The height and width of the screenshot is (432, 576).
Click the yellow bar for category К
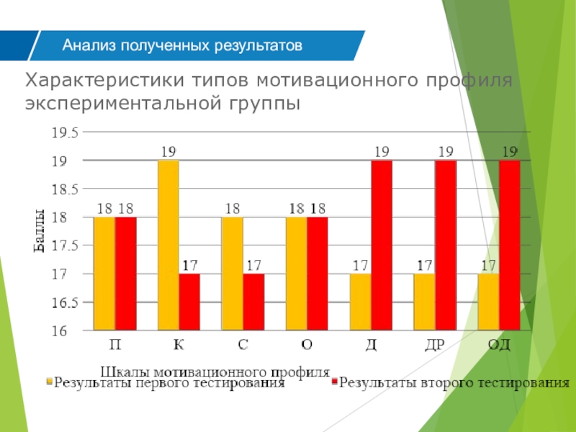click(168, 246)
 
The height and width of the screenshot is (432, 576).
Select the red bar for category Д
click(382, 246)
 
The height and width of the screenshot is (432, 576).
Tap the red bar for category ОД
click(510, 246)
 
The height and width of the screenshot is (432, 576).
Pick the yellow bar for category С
click(232, 274)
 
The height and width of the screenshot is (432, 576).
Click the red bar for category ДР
click(446, 246)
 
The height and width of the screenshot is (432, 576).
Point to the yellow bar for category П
click(104, 274)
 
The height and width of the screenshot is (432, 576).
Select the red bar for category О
click(318, 274)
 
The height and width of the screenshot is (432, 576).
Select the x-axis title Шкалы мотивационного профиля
click(215, 372)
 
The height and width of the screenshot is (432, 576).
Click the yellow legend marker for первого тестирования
click(50, 383)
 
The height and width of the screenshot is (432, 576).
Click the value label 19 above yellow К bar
click(168, 152)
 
